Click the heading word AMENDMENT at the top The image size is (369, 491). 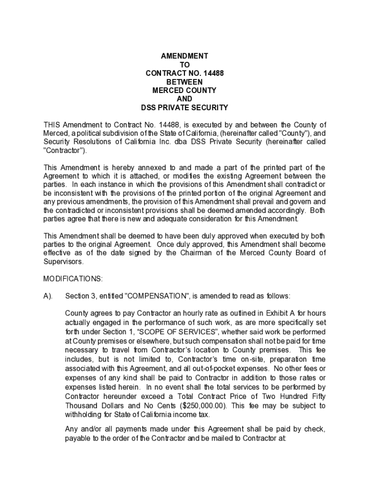click(184, 56)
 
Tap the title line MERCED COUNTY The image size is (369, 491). click(184, 91)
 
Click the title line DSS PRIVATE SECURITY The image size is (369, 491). click(184, 108)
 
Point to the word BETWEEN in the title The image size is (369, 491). click(184, 82)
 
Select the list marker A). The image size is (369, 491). click(48, 296)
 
